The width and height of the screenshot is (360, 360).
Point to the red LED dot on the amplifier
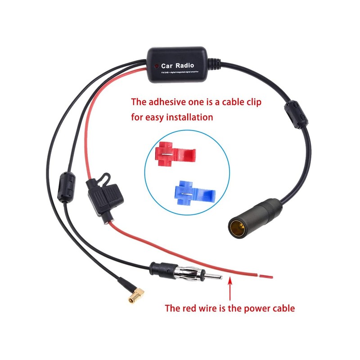click(x=156, y=65)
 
